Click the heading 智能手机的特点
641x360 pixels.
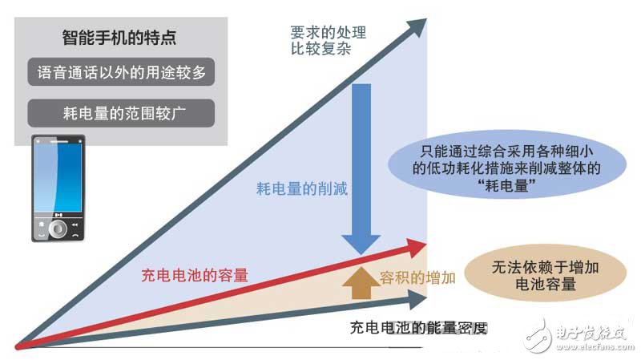(119, 38)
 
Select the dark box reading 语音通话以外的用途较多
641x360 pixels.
(122, 73)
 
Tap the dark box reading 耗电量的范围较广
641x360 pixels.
(122, 111)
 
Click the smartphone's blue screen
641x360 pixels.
(58, 179)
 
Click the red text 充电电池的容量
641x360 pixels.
(196, 275)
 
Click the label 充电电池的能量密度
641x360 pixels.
(418, 328)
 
